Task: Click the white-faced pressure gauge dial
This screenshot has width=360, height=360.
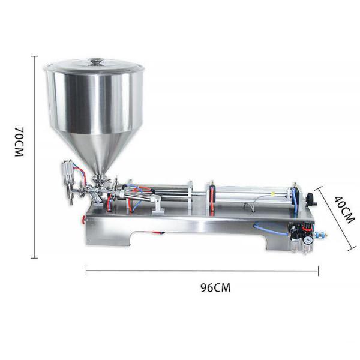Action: pyautogui.click(x=307, y=238)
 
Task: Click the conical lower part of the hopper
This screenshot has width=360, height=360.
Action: pyautogui.click(x=97, y=153)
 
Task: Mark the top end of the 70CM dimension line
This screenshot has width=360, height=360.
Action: pyautogui.click(x=34, y=56)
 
